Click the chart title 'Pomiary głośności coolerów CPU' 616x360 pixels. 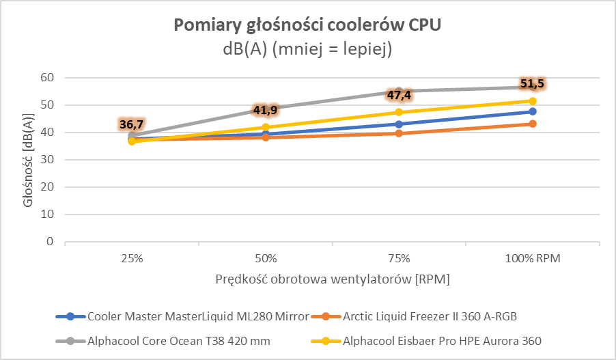307,25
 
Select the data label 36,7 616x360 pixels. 132,124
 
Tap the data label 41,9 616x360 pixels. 265,110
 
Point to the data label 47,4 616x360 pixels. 399,95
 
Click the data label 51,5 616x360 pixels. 532,84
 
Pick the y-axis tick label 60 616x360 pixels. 46,78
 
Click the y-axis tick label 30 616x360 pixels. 46,160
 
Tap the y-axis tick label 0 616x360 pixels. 50,242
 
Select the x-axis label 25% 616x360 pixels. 132,259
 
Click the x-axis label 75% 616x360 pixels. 399,259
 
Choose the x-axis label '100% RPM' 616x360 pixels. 532,259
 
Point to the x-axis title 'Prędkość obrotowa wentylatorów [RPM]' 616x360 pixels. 333,279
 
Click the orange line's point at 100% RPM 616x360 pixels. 532,124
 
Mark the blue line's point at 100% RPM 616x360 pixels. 532,111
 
